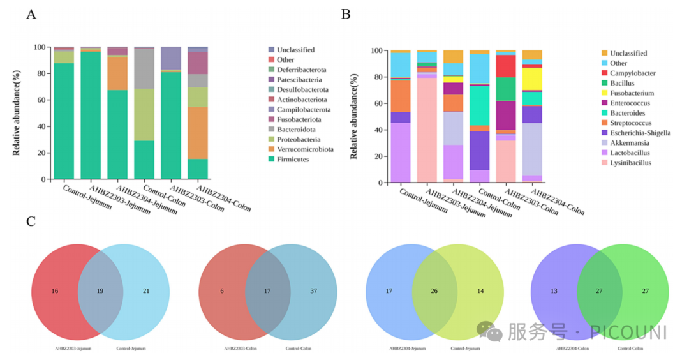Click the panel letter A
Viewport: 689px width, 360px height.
pyautogui.click(x=31, y=14)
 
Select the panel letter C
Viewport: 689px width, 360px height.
pyautogui.click(x=31, y=221)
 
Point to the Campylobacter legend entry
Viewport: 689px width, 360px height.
pyautogui.click(x=633, y=73)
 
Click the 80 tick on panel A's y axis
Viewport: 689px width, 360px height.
pyautogui.click(x=40, y=73)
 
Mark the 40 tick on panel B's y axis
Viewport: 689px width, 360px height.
pyautogui.click(x=377, y=130)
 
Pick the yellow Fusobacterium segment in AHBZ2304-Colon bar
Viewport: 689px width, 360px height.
pyautogui.click(x=531, y=79)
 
